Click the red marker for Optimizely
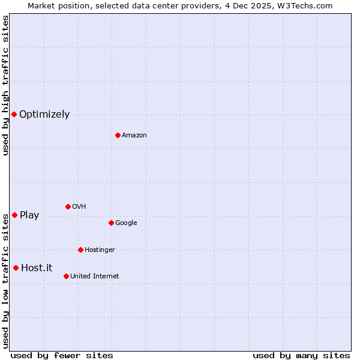coord(14,114)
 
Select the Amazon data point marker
coord(118,135)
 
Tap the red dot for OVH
coord(68,206)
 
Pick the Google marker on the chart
coord(111,223)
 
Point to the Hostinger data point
coord(80,250)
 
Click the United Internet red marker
coord(66,276)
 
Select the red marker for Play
coord(14,215)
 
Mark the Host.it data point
coord(16,268)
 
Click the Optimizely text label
coord(44,115)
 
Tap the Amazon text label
coord(134,136)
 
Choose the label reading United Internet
coord(95,277)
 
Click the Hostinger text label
coord(100,250)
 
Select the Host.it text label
coord(37,268)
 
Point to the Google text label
coord(126,223)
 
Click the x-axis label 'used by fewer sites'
coord(62,355)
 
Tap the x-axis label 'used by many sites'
coord(301,355)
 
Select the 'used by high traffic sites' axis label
coord(5,86)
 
